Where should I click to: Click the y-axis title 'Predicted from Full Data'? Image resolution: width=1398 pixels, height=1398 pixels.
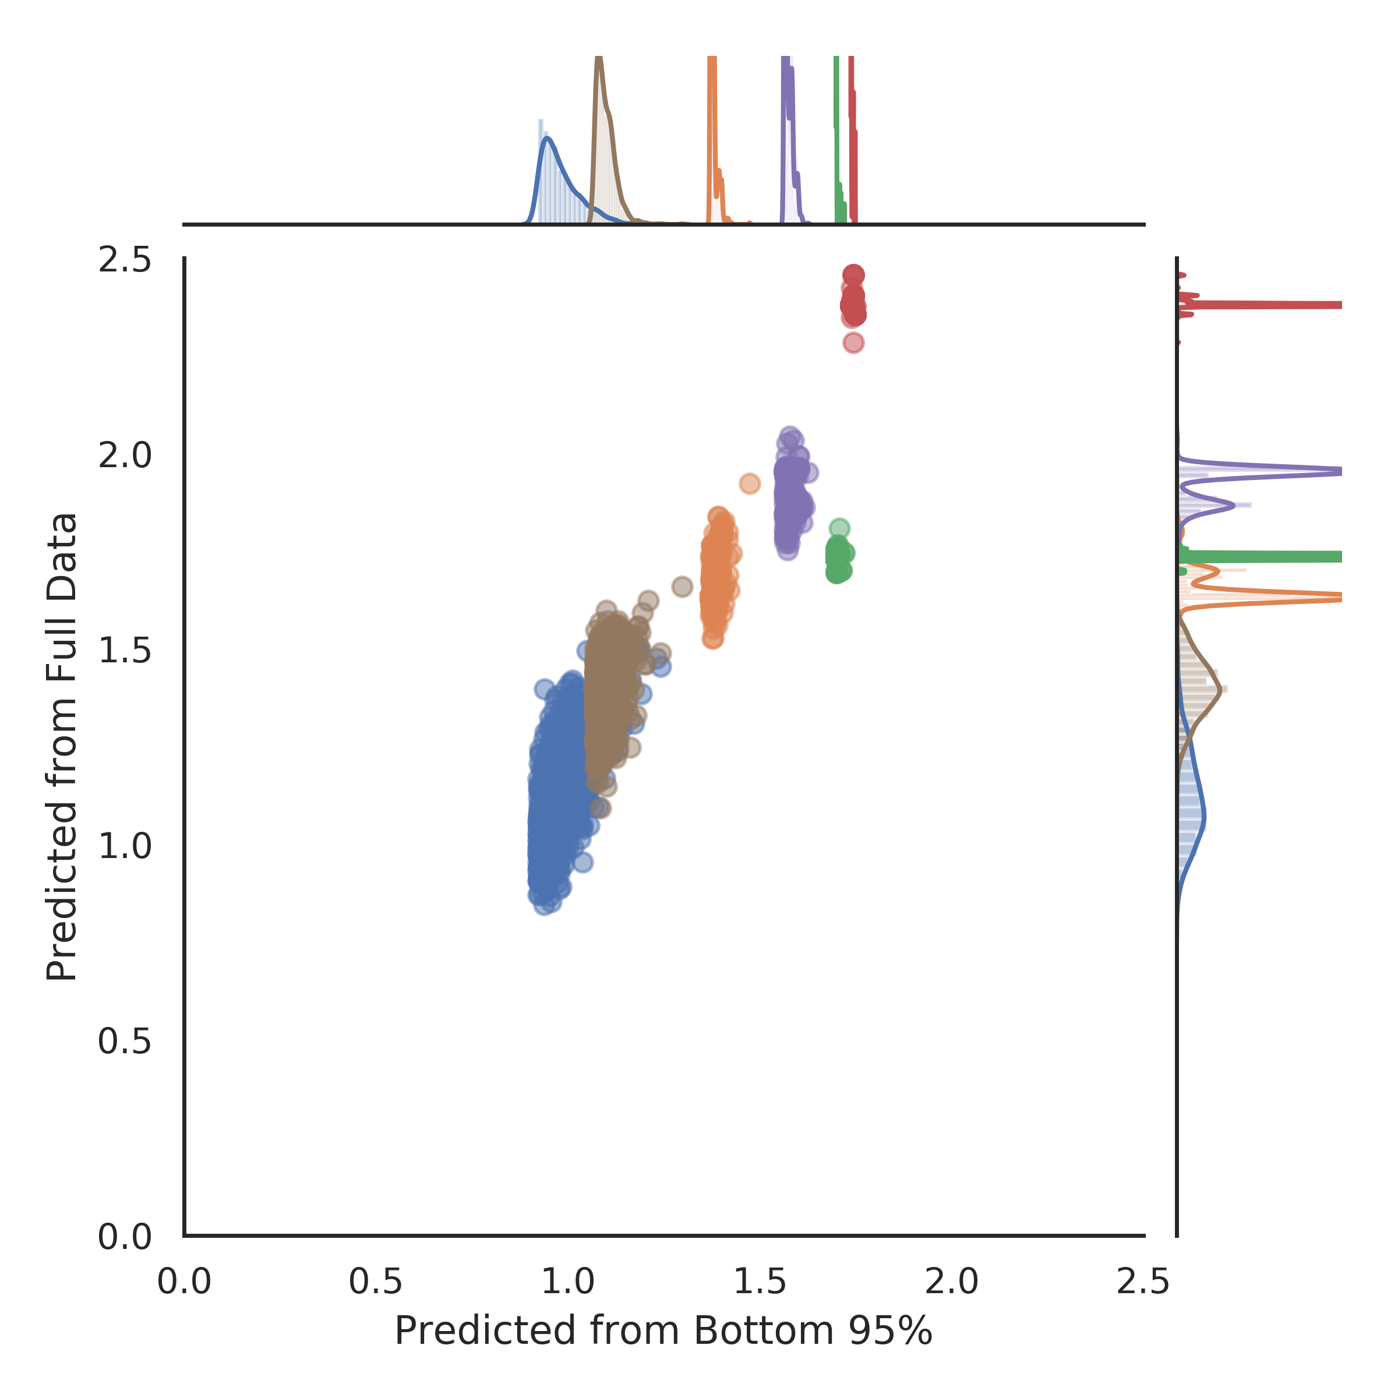[x=62, y=747]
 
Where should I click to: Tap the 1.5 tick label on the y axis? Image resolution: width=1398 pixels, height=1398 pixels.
[x=125, y=651]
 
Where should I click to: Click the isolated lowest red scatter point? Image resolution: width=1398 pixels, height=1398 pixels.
[x=853, y=343]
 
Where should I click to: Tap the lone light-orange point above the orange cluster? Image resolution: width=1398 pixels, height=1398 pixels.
[x=750, y=483]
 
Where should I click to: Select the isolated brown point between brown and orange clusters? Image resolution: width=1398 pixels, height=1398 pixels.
[x=682, y=587]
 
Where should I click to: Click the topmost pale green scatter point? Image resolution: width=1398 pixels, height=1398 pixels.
[x=839, y=528]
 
